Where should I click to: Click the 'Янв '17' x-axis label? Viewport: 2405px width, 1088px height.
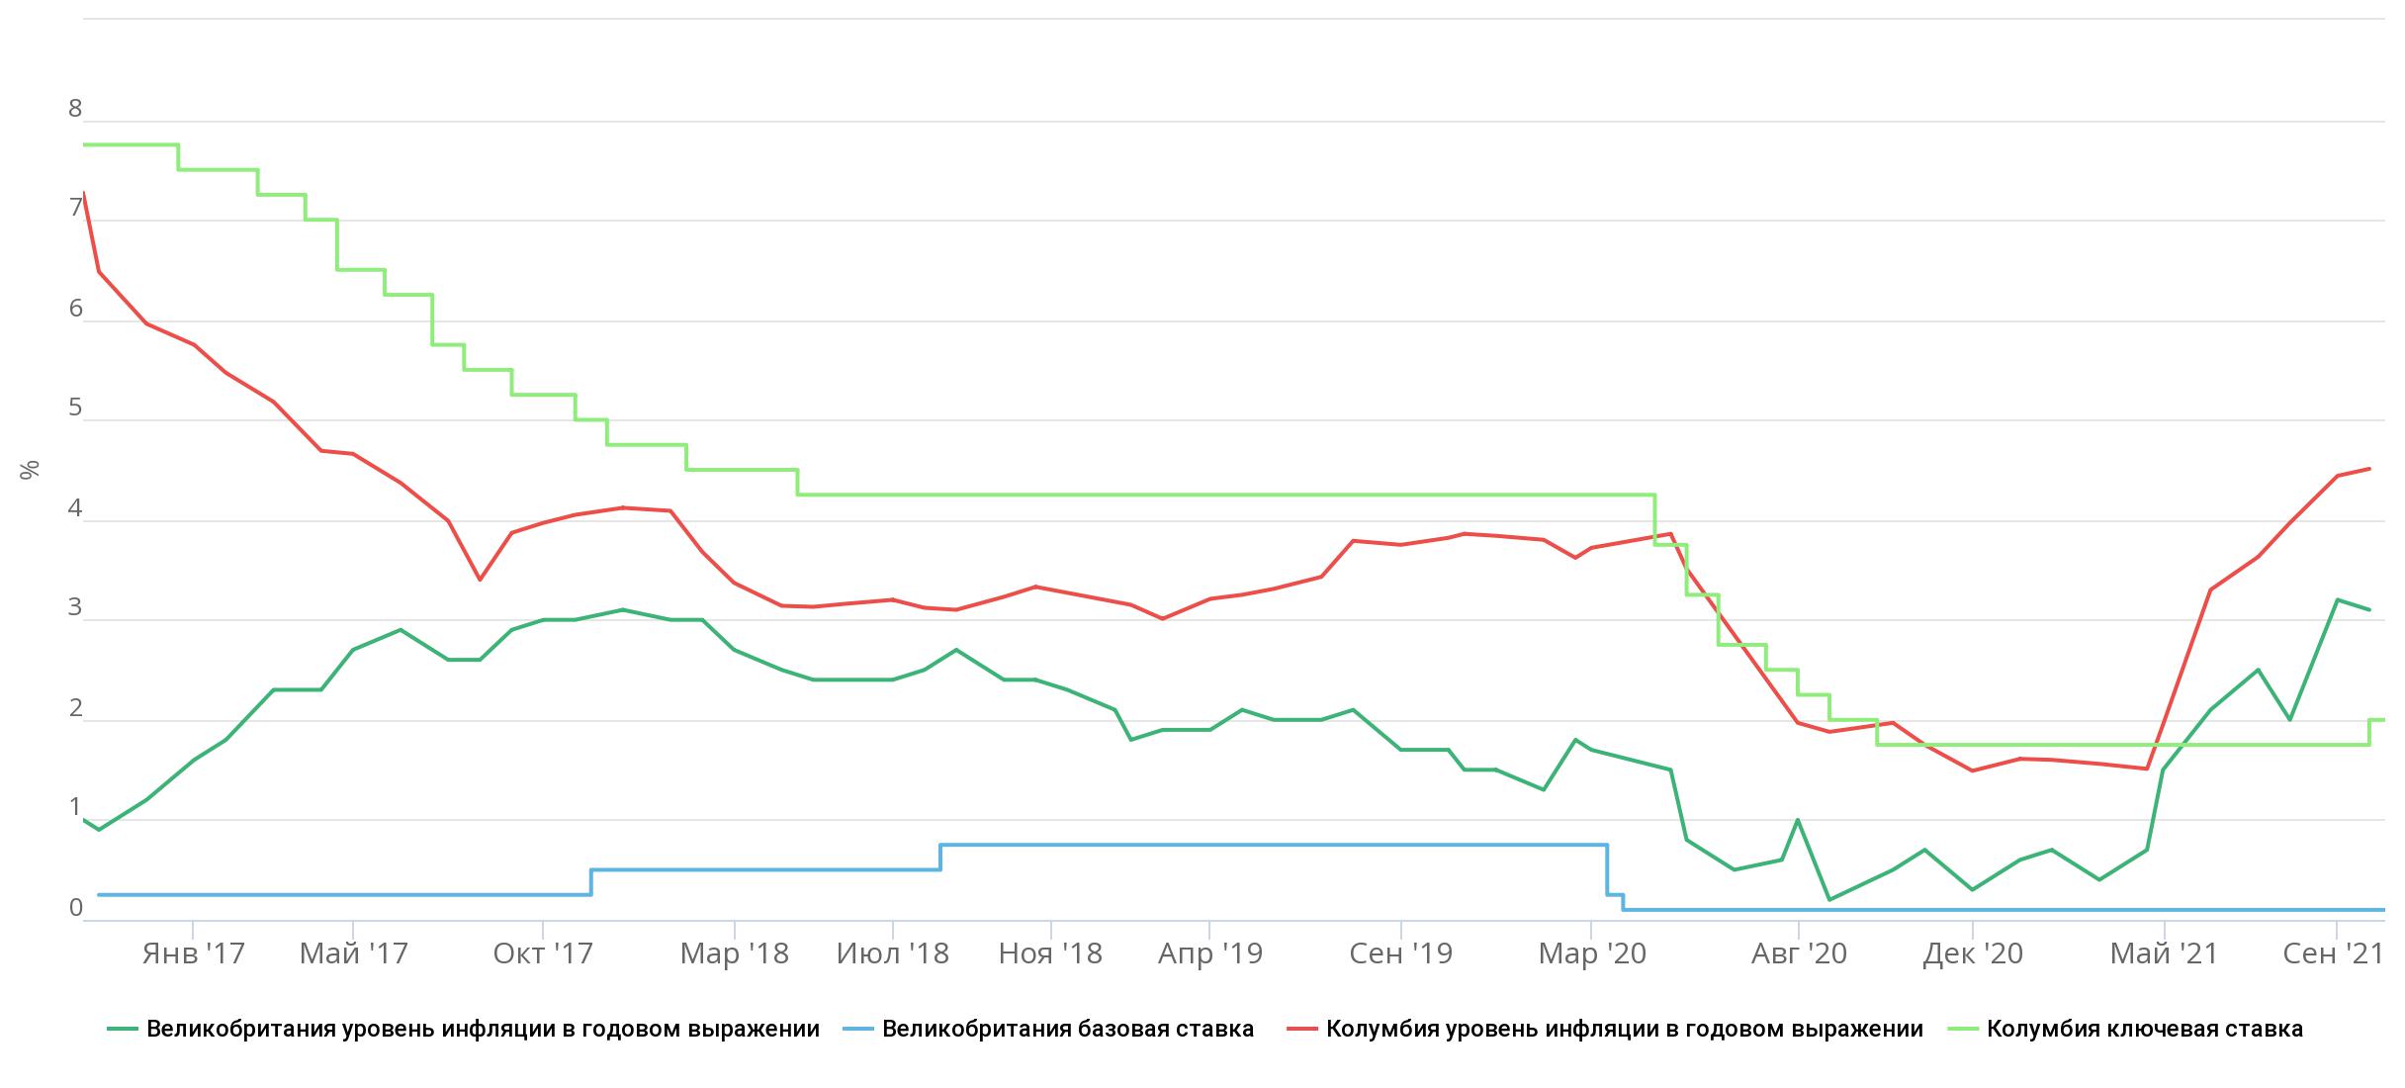click(193, 953)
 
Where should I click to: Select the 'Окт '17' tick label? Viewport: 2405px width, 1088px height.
click(543, 953)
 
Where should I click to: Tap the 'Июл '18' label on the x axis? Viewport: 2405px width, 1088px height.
click(892, 953)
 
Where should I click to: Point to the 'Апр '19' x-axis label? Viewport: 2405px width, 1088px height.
click(1209, 953)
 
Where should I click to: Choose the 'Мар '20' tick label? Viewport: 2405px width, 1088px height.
click(1592, 953)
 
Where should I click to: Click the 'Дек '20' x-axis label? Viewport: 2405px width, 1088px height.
click(1973, 953)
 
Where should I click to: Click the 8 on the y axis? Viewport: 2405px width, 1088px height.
click(75, 109)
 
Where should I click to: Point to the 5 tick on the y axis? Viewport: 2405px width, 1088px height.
click(75, 408)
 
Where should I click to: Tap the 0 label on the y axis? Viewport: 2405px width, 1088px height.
click(75, 908)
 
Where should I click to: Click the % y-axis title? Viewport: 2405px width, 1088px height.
click(30, 470)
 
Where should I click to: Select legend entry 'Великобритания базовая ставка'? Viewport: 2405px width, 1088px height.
click(1067, 1029)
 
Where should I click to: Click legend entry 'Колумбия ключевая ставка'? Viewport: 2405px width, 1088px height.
click(2144, 1029)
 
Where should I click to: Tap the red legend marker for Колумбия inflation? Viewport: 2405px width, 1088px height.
click(1302, 1029)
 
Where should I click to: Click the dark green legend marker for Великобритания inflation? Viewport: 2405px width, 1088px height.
click(123, 1029)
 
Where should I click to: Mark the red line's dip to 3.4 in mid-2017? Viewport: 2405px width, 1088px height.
click(480, 579)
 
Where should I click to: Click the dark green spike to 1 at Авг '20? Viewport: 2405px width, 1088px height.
click(1797, 820)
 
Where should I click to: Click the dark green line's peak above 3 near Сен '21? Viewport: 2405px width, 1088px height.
click(2337, 599)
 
